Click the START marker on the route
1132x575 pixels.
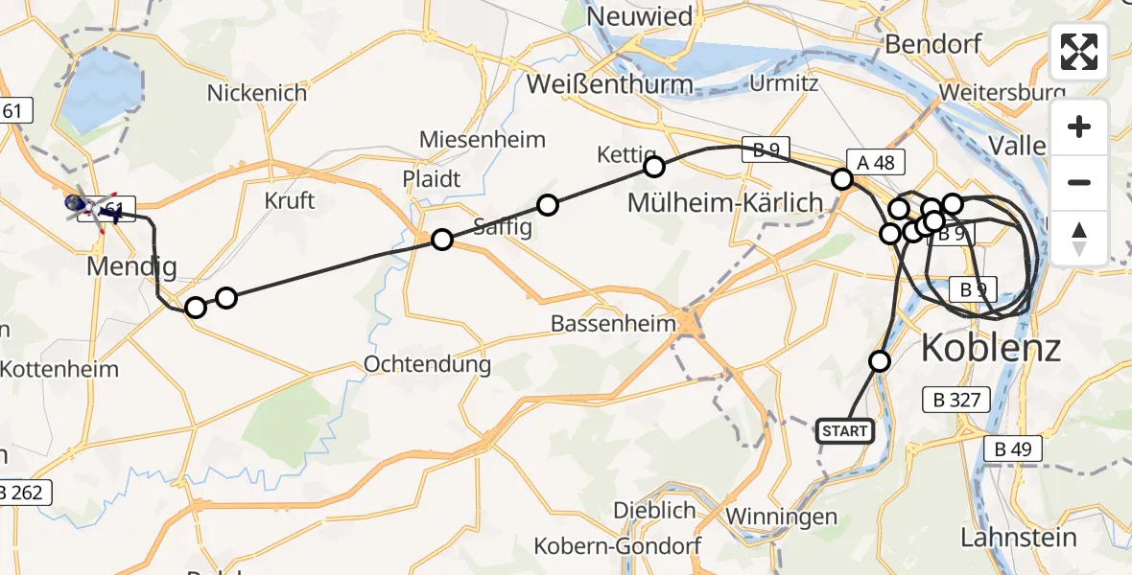(844, 431)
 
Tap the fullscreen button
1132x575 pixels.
(1079, 52)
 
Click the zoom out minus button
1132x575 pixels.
(1079, 182)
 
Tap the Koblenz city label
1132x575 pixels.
(991, 347)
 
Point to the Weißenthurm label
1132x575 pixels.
(610, 84)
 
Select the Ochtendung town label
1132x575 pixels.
(428, 364)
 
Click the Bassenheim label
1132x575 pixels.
(614, 324)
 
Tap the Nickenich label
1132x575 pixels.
(257, 93)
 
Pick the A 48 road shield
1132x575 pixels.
(876, 163)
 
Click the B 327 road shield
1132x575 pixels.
(955, 400)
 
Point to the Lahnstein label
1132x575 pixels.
(1019, 538)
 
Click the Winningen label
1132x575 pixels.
(781, 517)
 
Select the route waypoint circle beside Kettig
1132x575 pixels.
(653, 168)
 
